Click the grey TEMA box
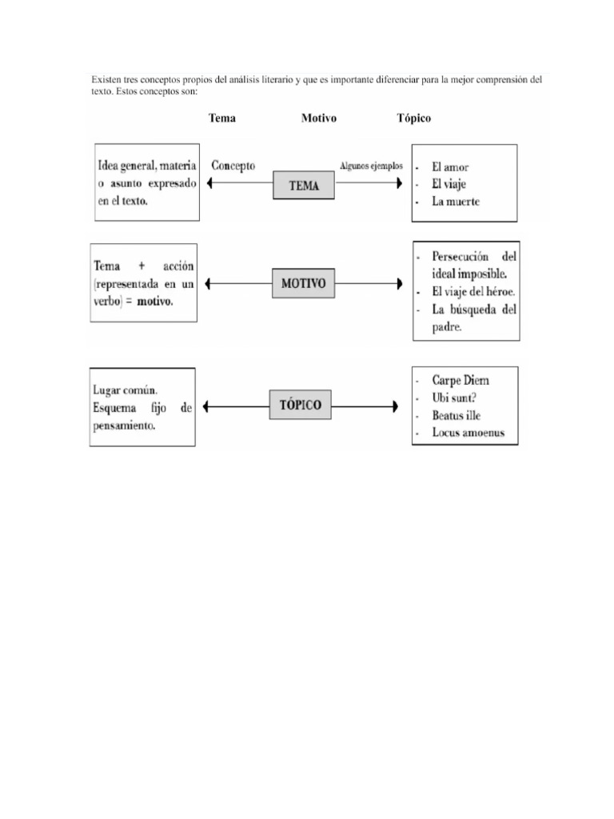coord(303,186)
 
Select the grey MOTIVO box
coord(303,283)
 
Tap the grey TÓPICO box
coord(301,406)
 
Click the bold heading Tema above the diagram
coord(222,118)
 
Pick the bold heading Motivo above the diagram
coord(318,118)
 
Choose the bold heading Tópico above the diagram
coord(413,118)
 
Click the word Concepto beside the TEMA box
coord(233,166)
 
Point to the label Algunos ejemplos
coord(371,166)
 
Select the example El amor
coord(450,167)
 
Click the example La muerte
coord(455,202)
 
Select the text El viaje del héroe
coord(472,291)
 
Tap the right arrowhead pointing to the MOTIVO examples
coord(397,283)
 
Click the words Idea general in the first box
coord(126,166)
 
